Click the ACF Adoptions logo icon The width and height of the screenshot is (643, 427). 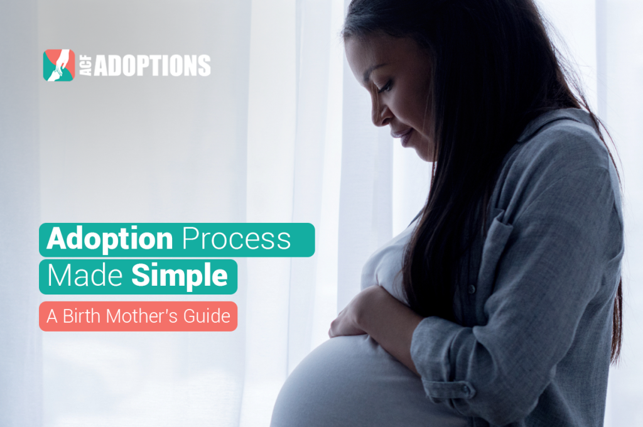[58, 65]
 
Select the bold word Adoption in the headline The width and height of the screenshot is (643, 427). [111, 240]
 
